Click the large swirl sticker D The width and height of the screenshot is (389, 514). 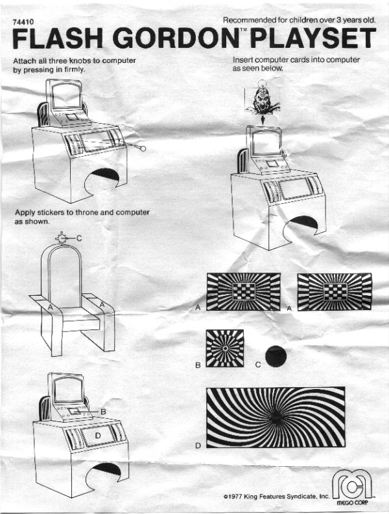click(x=276, y=417)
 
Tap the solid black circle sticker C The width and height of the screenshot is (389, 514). click(x=276, y=356)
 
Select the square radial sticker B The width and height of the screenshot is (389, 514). click(x=225, y=348)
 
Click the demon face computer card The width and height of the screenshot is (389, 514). click(x=263, y=101)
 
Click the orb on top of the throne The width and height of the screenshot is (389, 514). click(x=61, y=238)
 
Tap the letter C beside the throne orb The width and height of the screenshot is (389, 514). click(x=79, y=238)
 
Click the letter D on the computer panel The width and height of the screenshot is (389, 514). click(x=97, y=435)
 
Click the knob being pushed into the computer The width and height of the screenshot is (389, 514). click(x=143, y=148)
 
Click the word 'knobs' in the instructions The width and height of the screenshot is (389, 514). click(x=79, y=61)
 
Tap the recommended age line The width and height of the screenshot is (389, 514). click(x=300, y=20)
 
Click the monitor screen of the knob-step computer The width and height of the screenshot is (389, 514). click(x=66, y=95)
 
